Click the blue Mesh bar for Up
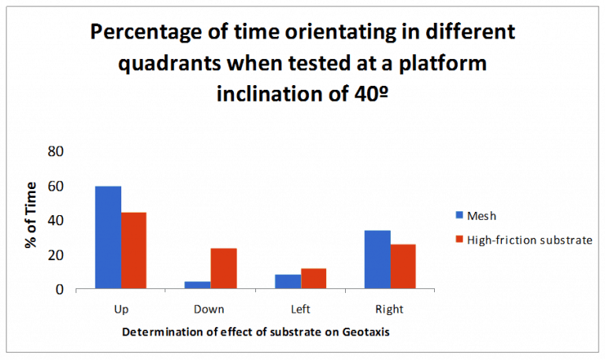[x=108, y=237]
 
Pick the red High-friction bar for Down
[x=223, y=269]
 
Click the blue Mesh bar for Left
[x=288, y=281]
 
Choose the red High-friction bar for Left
[x=313, y=279]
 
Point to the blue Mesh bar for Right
[x=377, y=259]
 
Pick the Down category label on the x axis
[x=210, y=309]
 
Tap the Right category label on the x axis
[x=389, y=309]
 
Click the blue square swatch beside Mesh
[x=459, y=214]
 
